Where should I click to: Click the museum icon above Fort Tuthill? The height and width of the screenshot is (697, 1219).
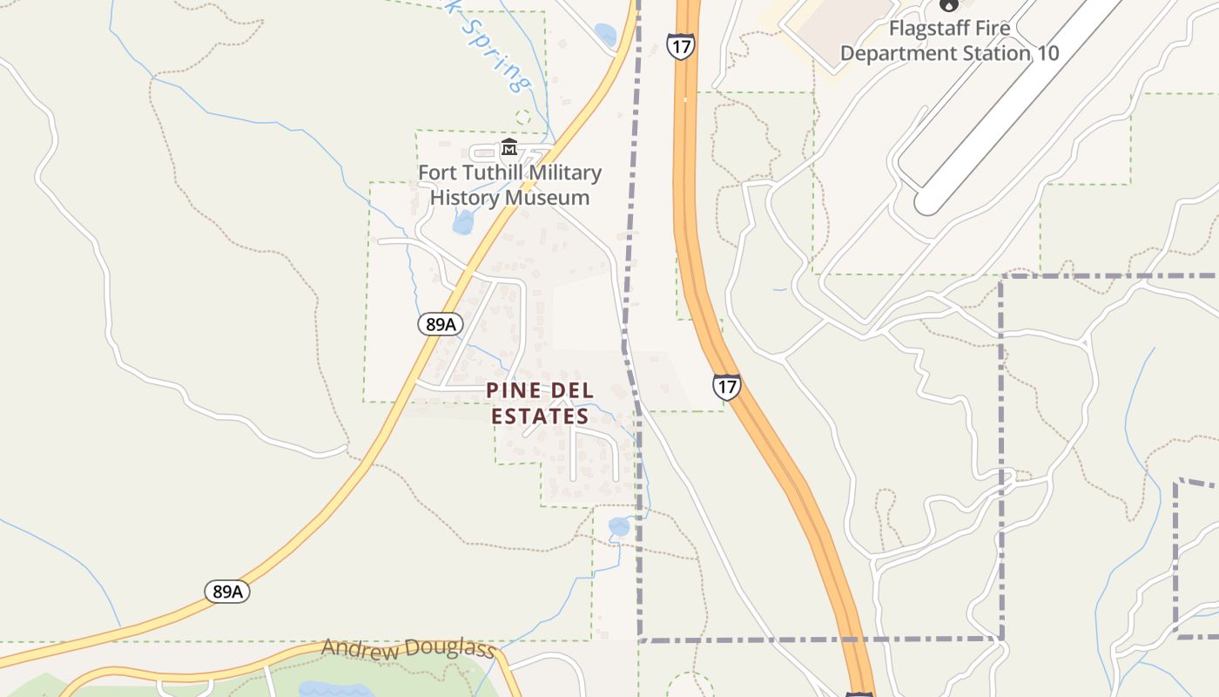[x=509, y=148]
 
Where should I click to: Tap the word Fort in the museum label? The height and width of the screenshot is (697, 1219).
[x=437, y=173]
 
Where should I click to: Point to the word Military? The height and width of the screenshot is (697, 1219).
[x=565, y=173]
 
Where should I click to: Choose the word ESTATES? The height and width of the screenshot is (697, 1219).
[x=540, y=416]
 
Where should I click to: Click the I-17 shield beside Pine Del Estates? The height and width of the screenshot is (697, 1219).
[x=726, y=386]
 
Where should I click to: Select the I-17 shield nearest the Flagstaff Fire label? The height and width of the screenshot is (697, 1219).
[x=681, y=45]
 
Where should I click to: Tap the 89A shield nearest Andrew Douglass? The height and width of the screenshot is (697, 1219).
[x=228, y=592]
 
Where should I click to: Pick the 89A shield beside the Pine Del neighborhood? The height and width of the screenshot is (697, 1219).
[x=440, y=324]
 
